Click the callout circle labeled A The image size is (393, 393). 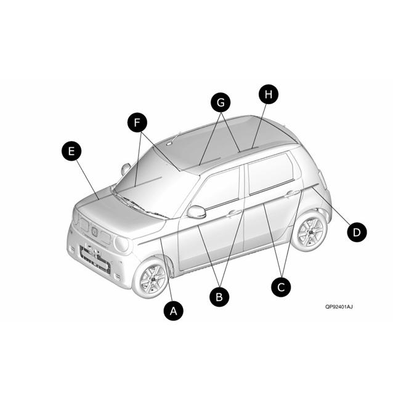[x=174, y=311]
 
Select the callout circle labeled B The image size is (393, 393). [x=219, y=297]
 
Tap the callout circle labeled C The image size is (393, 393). [x=281, y=287]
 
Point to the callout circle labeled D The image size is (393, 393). [x=357, y=232]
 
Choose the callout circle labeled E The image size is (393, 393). [x=71, y=151]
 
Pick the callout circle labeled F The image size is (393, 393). [x=137, y=123]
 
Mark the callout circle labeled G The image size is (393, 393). [x=221, y=102]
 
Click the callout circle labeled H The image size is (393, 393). [x=269, y=94]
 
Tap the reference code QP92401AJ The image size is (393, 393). [x=339, y=307]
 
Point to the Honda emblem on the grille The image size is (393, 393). [x=94, y=232]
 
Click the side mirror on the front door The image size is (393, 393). [x=197, y=212]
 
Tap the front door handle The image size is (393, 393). [x=234, y=213]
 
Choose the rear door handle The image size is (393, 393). [x=293, y=193]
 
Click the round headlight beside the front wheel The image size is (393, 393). [x=122, y=243]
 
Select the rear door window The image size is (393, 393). [x=270, y=174]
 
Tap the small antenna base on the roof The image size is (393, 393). [x=169, y=144]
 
